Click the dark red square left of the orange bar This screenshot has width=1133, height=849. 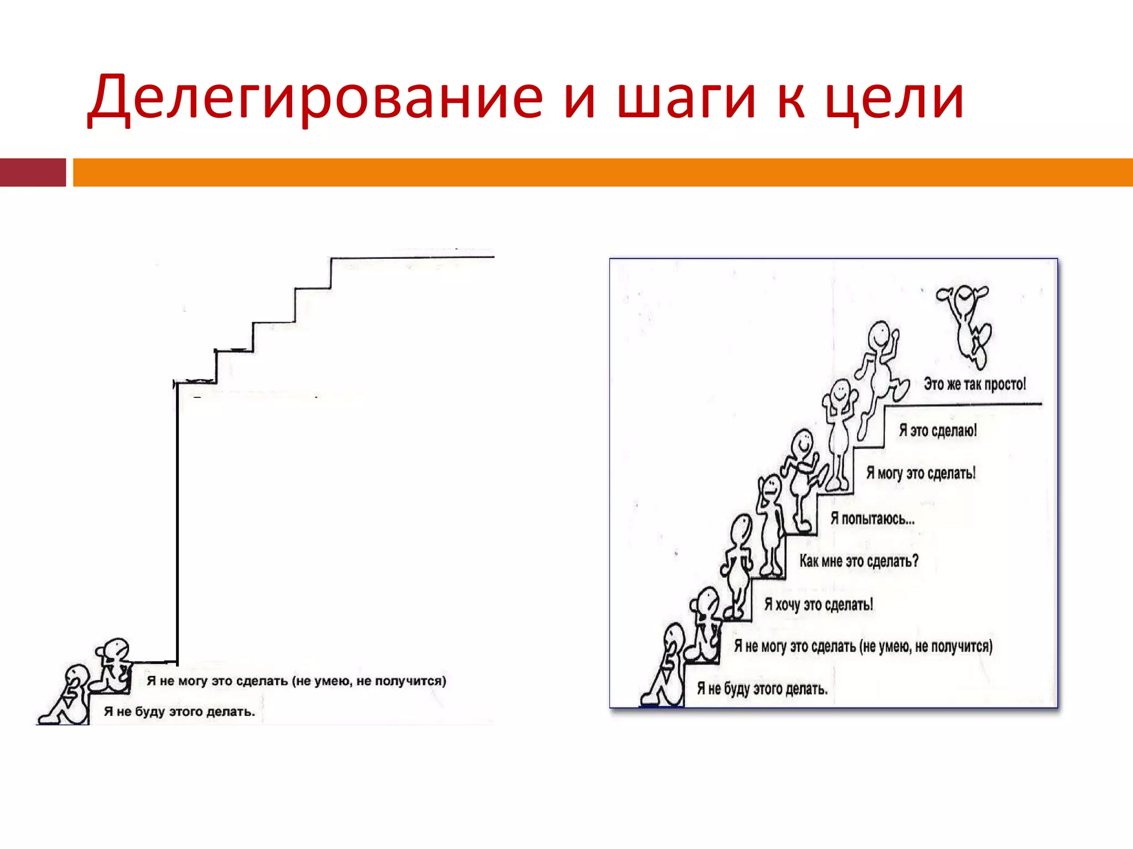click(33, 172)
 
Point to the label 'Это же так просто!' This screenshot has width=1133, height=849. click(974, 384)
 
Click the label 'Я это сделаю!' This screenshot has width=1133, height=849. click(938, 430)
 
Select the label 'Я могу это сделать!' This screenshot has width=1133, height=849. click(921, 473)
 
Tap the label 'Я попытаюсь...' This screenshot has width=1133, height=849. click(872, 518)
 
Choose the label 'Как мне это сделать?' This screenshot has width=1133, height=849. click(859, 561)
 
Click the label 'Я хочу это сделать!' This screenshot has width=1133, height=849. click(818, 604)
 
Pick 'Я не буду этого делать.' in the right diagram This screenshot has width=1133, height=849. click(762, 689)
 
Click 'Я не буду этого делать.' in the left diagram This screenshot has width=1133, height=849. click(179, 711)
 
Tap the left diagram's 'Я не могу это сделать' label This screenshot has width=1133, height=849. click(296, 680)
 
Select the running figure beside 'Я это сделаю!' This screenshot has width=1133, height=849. click(880, 376)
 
